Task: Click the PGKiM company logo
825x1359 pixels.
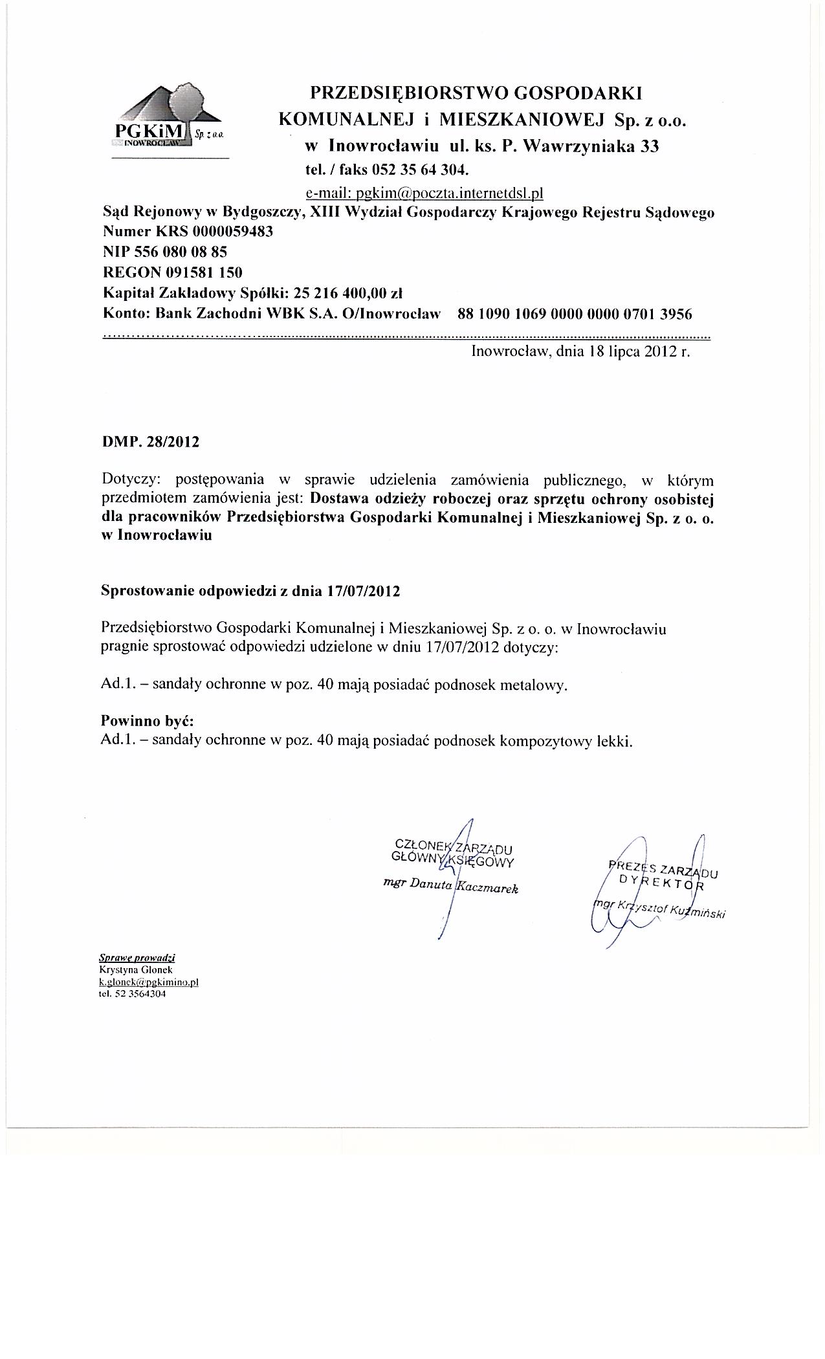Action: click(170, 120)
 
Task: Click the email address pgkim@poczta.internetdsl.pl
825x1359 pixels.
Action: click(423, 193)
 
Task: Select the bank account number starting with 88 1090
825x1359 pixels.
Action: click(574, 315)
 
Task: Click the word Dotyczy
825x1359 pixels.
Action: click(129, 480)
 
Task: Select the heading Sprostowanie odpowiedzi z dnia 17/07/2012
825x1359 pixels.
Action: click(250, 591)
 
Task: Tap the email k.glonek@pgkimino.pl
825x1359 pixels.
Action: click(148, 981)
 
